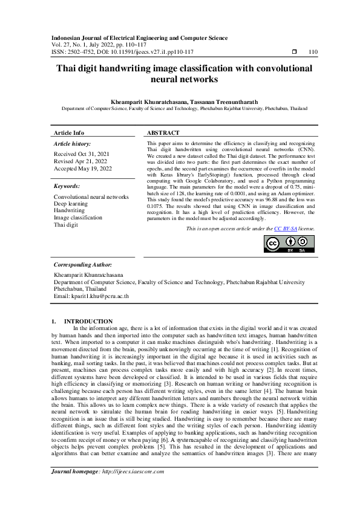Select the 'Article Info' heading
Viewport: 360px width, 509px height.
click(x=69, y=132)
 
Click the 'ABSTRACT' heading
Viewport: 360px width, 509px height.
click(x=163, y=132)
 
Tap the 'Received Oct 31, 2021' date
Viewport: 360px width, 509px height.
click(x=79, y=154)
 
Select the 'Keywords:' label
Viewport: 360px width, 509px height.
click(x=67, y=187)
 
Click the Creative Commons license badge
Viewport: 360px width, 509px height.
click(x=290, y=244)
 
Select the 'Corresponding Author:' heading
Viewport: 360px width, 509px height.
click(x=82, y=265)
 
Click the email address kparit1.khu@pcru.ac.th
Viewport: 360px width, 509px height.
click(x=91, y=296)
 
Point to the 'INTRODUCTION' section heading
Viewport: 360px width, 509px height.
click(x=88, y=321)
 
